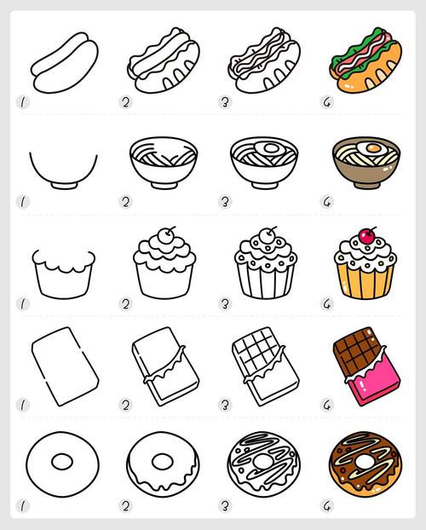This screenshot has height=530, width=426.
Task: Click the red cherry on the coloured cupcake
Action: [366, 237]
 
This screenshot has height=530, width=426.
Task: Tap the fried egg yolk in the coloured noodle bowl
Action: [373, 148]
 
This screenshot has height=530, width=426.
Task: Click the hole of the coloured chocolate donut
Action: [364, 462]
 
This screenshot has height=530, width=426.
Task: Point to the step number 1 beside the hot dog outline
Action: [23, 102]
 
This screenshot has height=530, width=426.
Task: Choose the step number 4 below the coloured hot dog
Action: [327, 102]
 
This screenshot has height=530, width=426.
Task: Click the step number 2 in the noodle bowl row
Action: [125, 202]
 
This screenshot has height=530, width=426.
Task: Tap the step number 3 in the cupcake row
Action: [225, 304]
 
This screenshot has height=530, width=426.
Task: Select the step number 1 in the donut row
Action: [23, 506]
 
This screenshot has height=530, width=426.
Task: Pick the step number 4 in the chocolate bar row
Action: [327, 405]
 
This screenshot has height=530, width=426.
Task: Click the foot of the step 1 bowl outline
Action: [64, 185]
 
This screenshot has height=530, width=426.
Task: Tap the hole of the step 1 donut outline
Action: [62, 462]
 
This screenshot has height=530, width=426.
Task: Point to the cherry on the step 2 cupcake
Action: [165, 235]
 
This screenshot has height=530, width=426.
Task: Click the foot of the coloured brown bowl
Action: [367, 185]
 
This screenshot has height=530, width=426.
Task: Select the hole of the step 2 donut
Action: [162, 462]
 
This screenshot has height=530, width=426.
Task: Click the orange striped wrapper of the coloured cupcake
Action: [366, 281]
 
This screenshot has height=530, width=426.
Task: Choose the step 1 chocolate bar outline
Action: [66, 366]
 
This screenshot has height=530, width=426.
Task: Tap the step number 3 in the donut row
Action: [225, 506]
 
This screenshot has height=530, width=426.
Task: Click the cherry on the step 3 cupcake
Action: [267, 235]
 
